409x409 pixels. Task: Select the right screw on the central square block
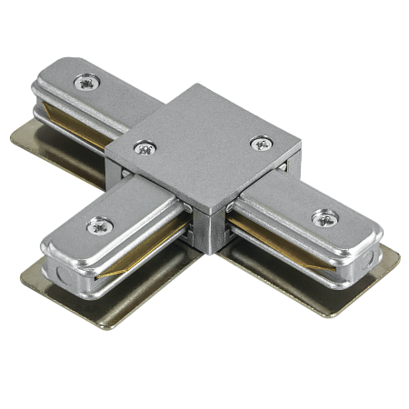click(262, 143)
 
